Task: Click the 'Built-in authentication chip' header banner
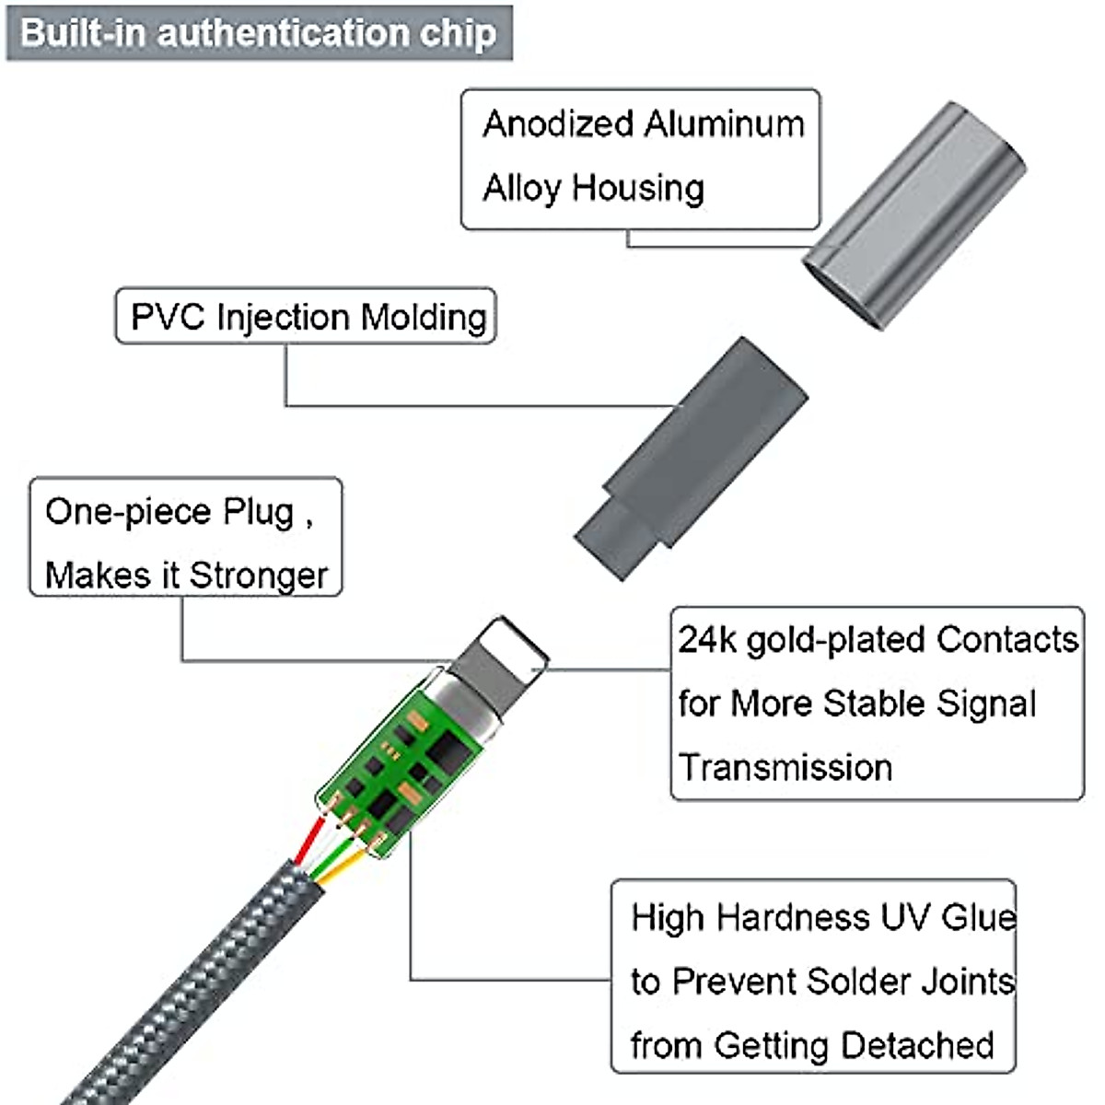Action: pyautogui.click(x=259, y=32)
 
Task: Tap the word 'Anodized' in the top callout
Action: pyautogui.click(x=558, y=124)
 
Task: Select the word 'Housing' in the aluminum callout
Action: pyautogui.click(x=638, y=189)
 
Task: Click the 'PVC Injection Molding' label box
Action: pyautogui.click(x=307, y=316)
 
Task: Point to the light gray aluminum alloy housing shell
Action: pyautogui.click(x=914, y=216)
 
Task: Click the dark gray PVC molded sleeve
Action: pyautogui.click(x=692, y=459)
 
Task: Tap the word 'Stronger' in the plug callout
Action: pyautogui.click(x=259, y=576)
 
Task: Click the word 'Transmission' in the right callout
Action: pyautogui.click(x=785, y=767)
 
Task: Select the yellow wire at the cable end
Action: pyautogui.click(x=344, y=866)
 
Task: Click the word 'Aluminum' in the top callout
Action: pyautogui.click(x=725, y=124)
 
